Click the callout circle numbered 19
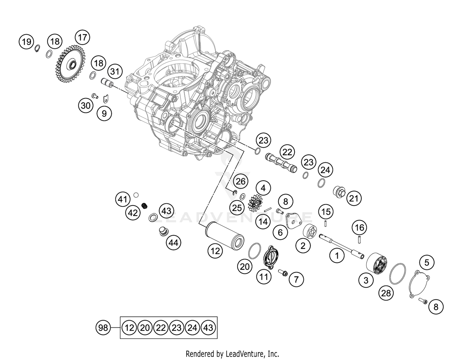(27, 41)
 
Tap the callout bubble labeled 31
(115, 72)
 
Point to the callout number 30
(86, 105)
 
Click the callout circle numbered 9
(104, 113)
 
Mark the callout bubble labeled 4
(263, 188)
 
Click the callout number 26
(240, 181)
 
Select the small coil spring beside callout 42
(144, 205)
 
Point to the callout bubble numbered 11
(263, 276)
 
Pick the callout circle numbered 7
(296, 280)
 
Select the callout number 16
(359, 228)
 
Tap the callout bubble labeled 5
(427, 263)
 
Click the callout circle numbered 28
(386, 293)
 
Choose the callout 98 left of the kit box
(103, 327)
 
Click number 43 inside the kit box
(208, 327)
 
